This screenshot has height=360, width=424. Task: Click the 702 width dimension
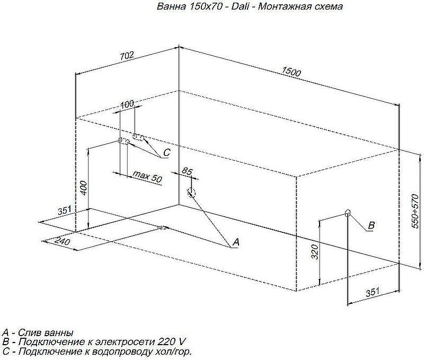click(x=127, y=56)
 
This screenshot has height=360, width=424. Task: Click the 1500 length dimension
click(x=291, y=72)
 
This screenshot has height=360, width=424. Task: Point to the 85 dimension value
click(x=187, y=171)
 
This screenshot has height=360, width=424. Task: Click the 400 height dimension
click(x=84, y=188)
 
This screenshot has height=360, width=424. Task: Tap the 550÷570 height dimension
click(x=415, y=211)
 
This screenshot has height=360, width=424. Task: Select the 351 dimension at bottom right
click(x=373, y=293)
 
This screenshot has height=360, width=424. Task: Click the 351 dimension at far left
click(x=64, y=210)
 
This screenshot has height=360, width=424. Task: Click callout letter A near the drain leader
click(x=236, y=242)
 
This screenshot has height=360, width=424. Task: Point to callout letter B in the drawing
click(x=372, y=225)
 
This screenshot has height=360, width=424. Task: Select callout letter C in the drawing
click(x=167, y=152)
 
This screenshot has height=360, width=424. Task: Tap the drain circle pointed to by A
click(x=191, y=193)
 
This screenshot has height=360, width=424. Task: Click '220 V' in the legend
click(x=171, y=342)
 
